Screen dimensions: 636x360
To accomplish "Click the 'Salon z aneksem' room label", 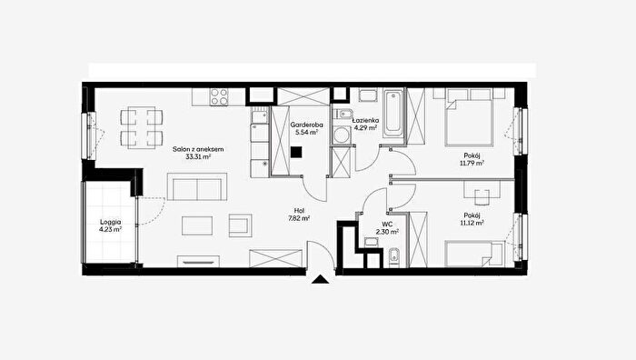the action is pyautogui.click(x=198, y=149).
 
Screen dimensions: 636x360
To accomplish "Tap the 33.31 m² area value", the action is pyautogui.click(x=198, y=156).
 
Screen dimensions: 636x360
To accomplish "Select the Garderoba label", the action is pyautogui.click(x=307, y=125).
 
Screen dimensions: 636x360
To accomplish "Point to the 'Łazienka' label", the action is pyautogui.click(x=365, y=120).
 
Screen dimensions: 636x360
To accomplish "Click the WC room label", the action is pyautogui.click(x=387, y=224).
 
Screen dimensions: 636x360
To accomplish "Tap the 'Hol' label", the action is pyautogui.click(x=299, y=210).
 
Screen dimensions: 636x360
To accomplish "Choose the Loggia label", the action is pyautogui.click(x=110, y=222).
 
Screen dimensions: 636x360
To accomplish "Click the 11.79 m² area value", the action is pyautogui.click(x=472, y=163).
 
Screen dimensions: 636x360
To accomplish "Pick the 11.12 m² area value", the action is pyautogui.click(x=472, y=223).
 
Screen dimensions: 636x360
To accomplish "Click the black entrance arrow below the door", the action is pyautogui.click(x=321, y=279).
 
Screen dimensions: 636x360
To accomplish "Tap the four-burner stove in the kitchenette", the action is pyautogui.click(x=219, y=97).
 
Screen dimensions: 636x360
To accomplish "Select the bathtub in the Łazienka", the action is pyautogui.click(x=393, y=115).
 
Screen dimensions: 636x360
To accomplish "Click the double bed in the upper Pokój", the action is pyautogui.click(x=470, y=117).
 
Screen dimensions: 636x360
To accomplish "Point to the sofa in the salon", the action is pyautogui.click(x=197, y=186).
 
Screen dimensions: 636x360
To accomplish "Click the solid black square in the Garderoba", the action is pyautogui.click(x=296, y=152).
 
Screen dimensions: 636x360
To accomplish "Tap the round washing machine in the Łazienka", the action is pyautogui.click(x=341, y=135).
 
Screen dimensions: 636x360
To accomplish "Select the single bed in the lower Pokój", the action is pyautogui.click(x=474, y=254).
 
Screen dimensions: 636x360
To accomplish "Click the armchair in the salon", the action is pyautogui.click(x=240, y=225).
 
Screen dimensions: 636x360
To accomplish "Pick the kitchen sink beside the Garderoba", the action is pyautogui.click(x=259, y=116).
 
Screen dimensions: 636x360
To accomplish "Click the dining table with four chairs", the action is pyautogui.click(x=141, y=127).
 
